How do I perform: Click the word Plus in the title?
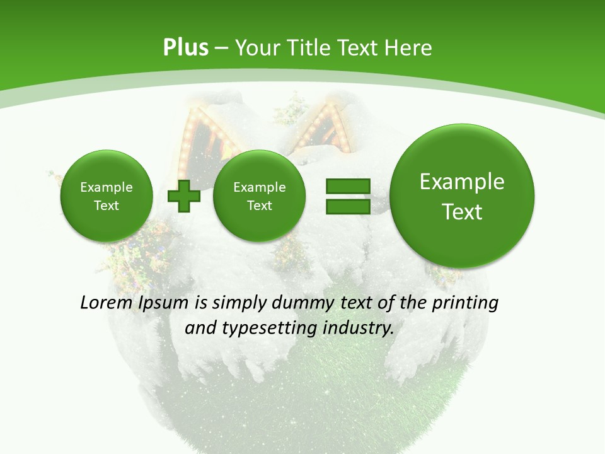click(x=185, y=48)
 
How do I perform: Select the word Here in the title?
click(x=410, y=48)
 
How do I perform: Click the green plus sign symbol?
click(x=184, y=196)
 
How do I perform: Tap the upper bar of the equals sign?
click(x=347, y=187)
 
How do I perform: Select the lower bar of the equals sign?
click(x=347, y=207)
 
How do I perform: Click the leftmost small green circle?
click(x=106, y=196)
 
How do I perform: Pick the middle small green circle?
click(x=259, y=196)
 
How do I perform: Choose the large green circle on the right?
click(x=462, y=196)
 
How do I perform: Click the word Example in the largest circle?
click(x=462, y=182)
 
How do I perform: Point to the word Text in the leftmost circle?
click(x=106, y=206)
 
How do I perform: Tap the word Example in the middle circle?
click(x=259, y=187)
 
